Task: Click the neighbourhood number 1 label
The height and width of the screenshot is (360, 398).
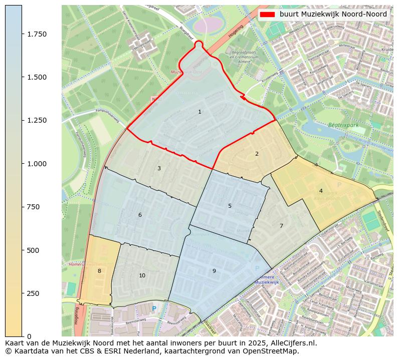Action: tap(200, 112)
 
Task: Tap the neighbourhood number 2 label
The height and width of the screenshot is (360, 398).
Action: tap(257, 154)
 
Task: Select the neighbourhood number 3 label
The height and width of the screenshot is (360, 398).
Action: tap(159, 168)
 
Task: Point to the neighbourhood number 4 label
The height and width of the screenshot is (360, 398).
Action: tap(321, 191)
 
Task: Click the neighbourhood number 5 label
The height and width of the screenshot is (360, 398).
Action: tap(230, 206)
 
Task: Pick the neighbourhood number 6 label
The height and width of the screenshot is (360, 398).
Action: tap(140, 215)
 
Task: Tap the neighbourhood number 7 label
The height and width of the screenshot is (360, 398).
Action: tap(281, 226)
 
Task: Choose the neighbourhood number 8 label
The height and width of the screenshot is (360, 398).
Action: tap(99, 271)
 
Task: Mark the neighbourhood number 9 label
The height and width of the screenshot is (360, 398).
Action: tap(214, 271)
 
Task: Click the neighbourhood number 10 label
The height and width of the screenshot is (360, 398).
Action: tap(142, 275)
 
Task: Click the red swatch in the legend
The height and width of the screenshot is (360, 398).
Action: tap(268, 15)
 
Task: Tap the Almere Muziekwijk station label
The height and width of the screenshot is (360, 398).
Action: tap(267, 280)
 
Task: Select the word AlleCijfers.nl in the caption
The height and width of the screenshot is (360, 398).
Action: tap(291, 343)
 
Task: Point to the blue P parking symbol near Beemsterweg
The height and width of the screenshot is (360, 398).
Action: tap(154, 308)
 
